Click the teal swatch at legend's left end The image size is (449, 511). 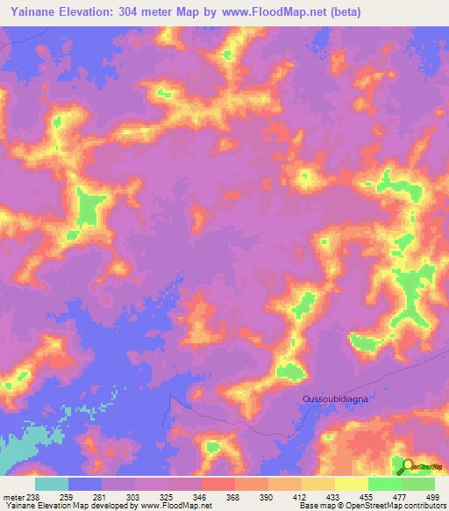coord(52,484)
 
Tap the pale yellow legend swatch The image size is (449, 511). coord(352,484)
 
